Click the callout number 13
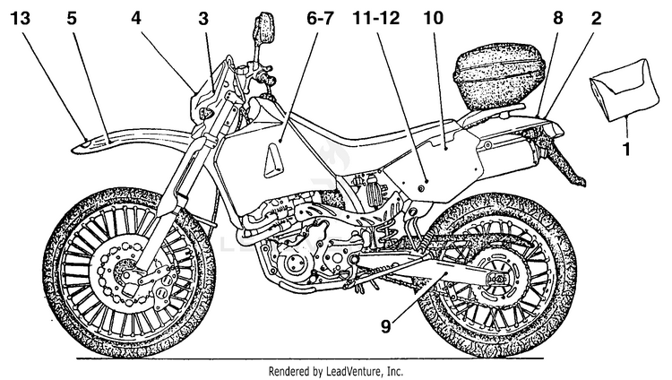pyautogui.click(x=20, y=19)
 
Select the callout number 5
pyautogui.click(x=72, y=19)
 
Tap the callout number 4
pyautogui.click(x=136, y=19)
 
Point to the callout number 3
pyautogui.click(x=203, y=19)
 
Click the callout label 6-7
pyautogui.click(x=319, y=19)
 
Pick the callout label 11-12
pyautogui.click(x=375, y=19)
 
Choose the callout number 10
pyautogui.click(x=433, y=19)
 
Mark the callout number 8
pyautogui.click(x=557, y=19)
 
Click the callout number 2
pyautogui.click(x=596, y=19)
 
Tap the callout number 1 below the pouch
pyautogui.click(x=626, y=150)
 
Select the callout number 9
pyautogui.click(x=386, y=327)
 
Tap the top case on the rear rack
pyautogui.click(x=499, y=80)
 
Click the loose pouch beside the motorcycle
pyautogui.click(x=624, y=91)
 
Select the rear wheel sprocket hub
pyautogui.click(x=497, y=277)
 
